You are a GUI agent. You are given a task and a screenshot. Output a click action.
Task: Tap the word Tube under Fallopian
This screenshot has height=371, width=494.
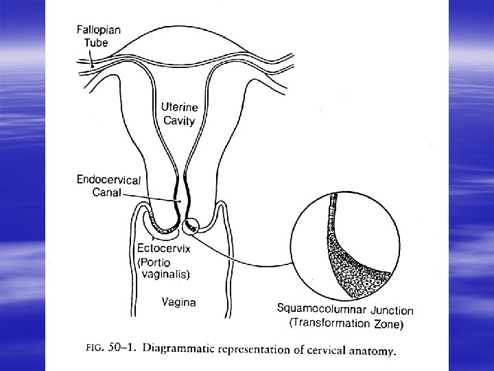click(95, 43)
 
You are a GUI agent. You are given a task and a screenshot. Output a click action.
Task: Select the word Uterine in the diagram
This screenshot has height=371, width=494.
click(180, 107)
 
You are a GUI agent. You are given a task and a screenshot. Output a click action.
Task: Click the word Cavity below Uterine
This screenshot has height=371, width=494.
click(178, 120)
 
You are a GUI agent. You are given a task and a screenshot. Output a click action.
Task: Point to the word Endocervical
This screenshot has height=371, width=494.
click(108, 180)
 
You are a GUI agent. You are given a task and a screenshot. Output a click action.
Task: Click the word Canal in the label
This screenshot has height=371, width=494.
click(106, 192)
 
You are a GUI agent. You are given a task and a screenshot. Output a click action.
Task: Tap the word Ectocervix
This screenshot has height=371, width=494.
click(164, 249)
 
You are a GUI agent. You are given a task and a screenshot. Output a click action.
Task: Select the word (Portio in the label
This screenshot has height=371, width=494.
click(153, 262)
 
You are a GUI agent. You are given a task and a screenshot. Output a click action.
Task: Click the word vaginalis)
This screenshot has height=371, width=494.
click(165, 274)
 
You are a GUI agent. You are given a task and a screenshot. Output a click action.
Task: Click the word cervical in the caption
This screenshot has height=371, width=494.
click(322, 351)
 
